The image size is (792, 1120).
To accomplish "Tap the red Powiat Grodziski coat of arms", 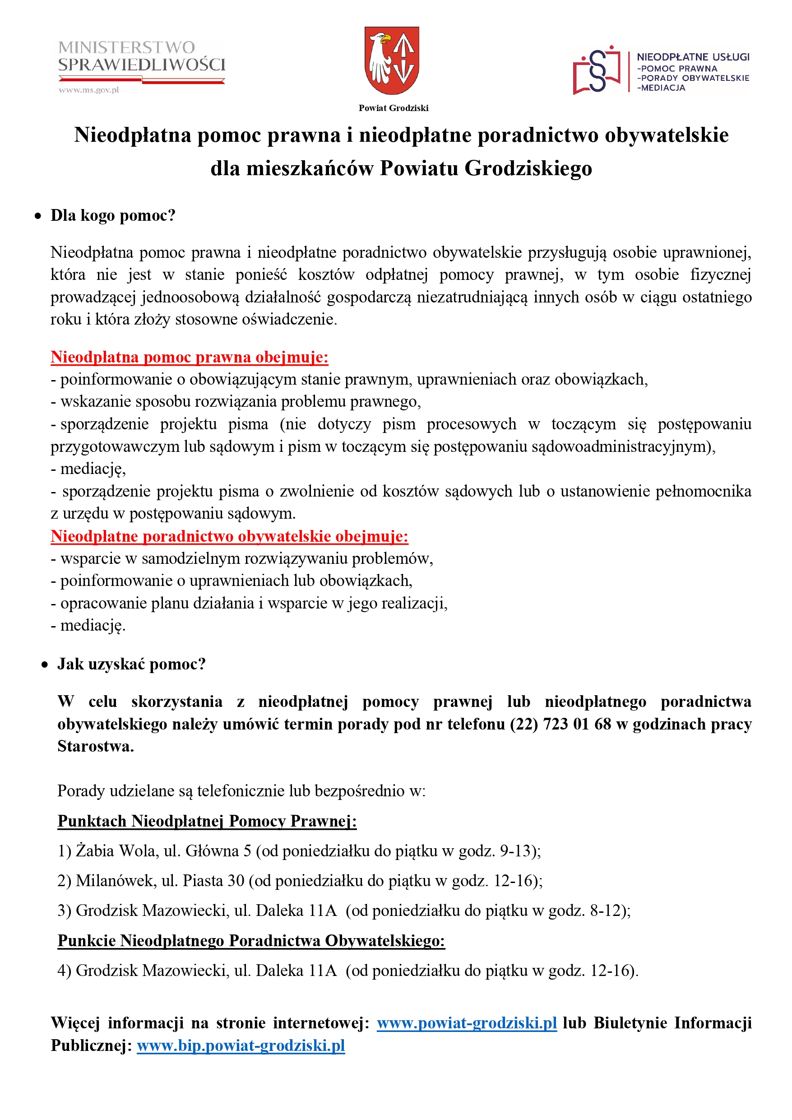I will pos(392,60).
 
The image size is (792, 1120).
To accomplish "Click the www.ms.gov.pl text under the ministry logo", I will pos(89,90).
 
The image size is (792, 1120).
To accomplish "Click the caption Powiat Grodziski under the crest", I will pos(394,108).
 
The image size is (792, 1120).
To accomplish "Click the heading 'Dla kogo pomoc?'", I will pos(113,216).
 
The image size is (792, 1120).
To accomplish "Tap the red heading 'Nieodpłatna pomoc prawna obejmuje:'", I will pos(189,357).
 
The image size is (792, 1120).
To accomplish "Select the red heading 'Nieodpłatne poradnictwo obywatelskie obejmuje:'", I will pos(229,536).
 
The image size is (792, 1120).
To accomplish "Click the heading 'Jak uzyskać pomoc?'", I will pos(131,665).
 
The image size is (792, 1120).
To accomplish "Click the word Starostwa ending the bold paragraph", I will pos(95,746).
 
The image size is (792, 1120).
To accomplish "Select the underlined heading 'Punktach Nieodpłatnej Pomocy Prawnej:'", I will pos(207,821).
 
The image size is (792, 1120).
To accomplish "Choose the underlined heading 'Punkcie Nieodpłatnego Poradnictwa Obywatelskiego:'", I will pos(251,940).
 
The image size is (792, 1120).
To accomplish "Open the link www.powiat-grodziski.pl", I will pos(467,1023).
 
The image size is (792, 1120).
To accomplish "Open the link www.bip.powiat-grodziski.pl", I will pos(241,1046).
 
